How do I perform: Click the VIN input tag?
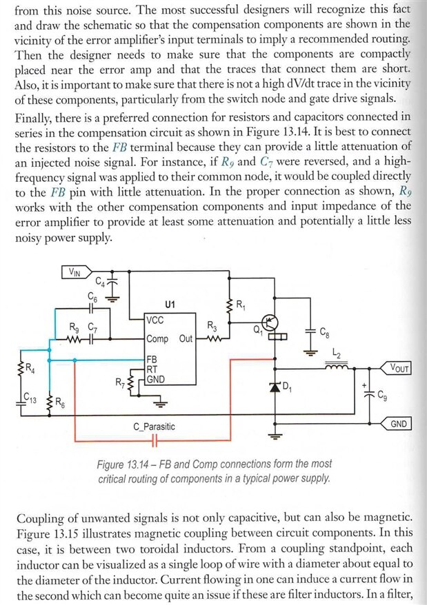tap(77, 272)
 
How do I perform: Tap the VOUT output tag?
tap(396, 368)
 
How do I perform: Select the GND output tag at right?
tap(396, 424)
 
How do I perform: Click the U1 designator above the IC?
tap(170, 305)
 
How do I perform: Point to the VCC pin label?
tap(155, 320)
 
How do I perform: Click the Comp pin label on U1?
tap(158, 339)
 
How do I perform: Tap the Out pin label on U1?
tap(186, 339)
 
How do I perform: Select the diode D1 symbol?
tap(275, 387)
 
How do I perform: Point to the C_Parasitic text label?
tap(154, 427)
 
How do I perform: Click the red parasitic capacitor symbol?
tap(155, 440)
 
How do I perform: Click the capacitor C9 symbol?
tap(370, 393)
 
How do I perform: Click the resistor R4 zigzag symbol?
tap(21, 369)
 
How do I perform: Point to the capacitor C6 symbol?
tap(91, 309)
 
